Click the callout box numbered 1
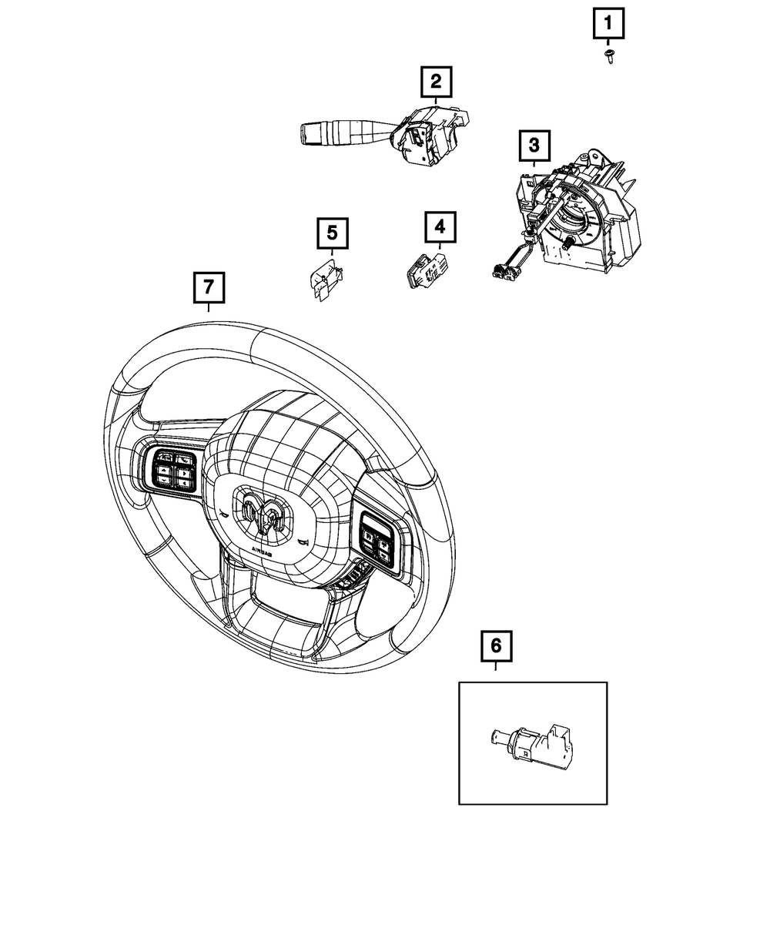pyautogui.click(x=608, y=25)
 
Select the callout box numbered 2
pyautogui.click(x=436, y=80)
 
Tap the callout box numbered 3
pyautogui.click(x=533, y=144)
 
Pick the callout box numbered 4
pyautogui.click(x=439, y=226)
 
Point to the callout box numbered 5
pyautogui.click(x=332, y=232)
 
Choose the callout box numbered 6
pyautogui.click(x=496, y=645)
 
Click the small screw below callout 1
pyautogui.click(x=610, y=55)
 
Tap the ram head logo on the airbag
pyautogui.click(x=263, y=515)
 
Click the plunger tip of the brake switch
pyautogui.click(x=494, y=736)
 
